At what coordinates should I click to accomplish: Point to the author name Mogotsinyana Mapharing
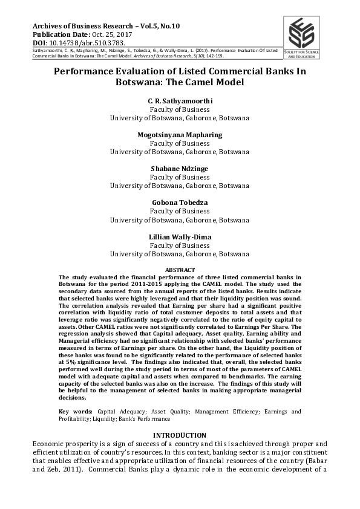point(180,134)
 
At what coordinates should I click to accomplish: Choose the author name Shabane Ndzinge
point(180,168)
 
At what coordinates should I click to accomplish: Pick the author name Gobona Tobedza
point(180,203)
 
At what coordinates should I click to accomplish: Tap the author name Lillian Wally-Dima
point(180,236)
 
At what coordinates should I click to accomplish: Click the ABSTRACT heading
point(180,269)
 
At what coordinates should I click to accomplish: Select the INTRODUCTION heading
point(180,435)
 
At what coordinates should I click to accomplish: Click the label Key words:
point(76,412)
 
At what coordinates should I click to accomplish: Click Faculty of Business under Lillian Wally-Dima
point(180,246)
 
